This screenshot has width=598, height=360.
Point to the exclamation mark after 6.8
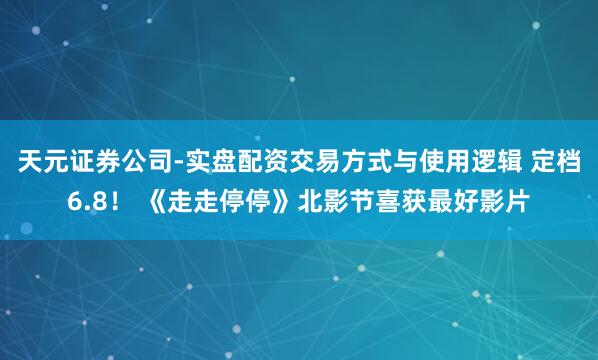coord(118,201)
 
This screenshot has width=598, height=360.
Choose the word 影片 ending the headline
coord(506,201)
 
